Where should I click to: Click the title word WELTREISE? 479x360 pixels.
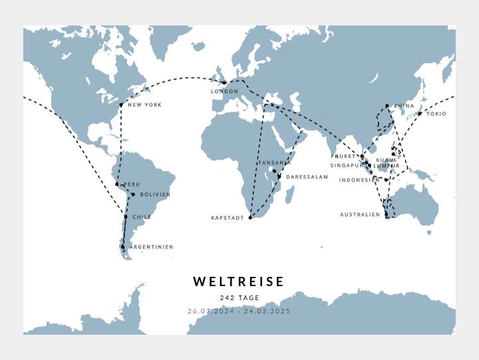[239, 282]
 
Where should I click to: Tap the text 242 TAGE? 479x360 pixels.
[239, 298]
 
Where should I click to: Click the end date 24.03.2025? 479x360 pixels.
[267, 311]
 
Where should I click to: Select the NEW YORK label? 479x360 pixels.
[144, 105]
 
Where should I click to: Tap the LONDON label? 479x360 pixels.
[224, 92]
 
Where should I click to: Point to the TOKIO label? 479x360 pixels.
[436, 114]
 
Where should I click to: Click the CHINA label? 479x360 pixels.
[404, 106]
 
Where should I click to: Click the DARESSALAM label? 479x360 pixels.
[307, 177]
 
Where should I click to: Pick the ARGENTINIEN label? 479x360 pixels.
[151, 247]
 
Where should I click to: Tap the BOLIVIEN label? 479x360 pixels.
[155, 195]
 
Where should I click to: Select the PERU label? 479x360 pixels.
[132, 184]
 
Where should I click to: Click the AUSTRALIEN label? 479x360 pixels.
[360, 215]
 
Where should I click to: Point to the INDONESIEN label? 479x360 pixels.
[359, 180]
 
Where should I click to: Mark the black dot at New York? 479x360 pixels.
[121, 104]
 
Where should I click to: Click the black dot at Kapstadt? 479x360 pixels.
[250, 218]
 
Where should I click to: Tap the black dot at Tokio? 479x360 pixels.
[420, 114]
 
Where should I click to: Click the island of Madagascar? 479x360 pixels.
[290, 194]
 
